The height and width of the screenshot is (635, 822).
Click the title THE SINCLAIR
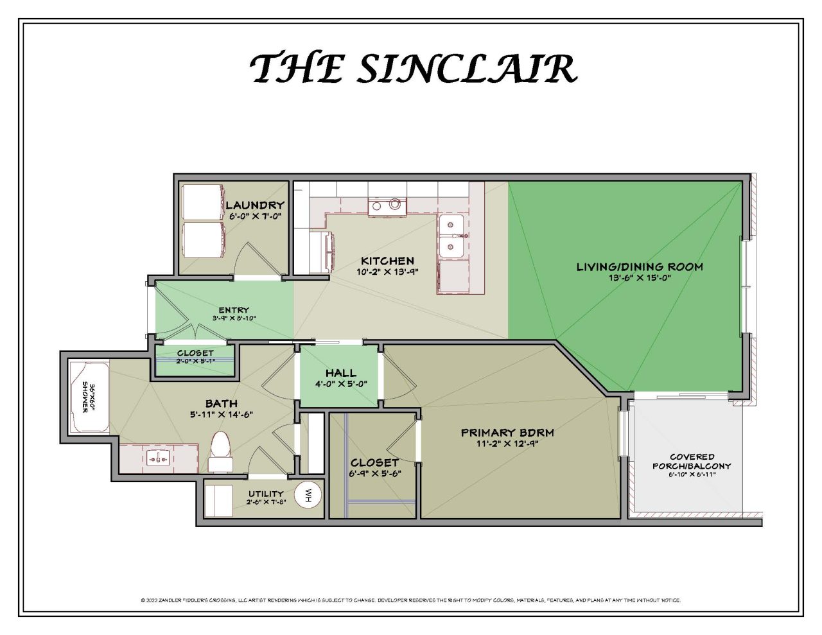coord(413,68)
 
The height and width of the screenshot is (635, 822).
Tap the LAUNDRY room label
coord(255,205)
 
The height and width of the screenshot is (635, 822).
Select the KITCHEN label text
coord(387,261)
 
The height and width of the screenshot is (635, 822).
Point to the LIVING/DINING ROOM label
coord(639,266)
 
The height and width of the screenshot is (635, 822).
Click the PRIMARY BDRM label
coord(507,432)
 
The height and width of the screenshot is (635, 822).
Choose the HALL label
coord(340,373)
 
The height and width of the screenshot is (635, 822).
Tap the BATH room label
coord(221,403)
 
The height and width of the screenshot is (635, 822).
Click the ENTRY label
coord(234,310)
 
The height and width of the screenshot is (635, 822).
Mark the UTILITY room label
coord(266,494)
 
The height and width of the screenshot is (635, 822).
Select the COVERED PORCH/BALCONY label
coord(692,461)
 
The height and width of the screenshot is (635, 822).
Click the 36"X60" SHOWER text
coord(88,398)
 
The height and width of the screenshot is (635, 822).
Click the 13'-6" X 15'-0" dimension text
coord(640,278)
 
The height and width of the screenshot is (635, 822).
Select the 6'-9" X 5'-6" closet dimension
coord(375,473)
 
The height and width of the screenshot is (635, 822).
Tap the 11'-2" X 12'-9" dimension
coord(507,443)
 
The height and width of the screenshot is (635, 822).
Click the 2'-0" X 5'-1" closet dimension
coord(195,361)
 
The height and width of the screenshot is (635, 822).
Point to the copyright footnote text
coord(410,600)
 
